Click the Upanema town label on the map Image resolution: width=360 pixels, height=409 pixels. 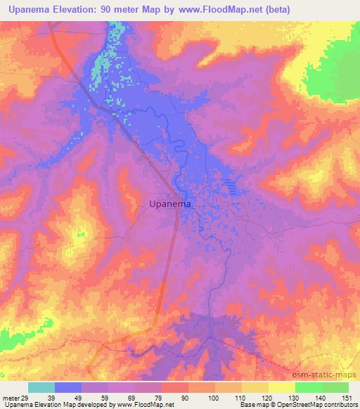click(x=172, y=204)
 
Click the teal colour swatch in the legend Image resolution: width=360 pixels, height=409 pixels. click(x=41, y=387)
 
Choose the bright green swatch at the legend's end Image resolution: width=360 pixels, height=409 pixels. click(x=335, y=387)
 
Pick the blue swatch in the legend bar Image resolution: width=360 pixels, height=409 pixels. click(x=68, y=387)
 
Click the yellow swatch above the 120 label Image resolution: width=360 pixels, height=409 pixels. click(x=255, y=387)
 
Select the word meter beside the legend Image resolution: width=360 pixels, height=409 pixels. click(x=10, y=398)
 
